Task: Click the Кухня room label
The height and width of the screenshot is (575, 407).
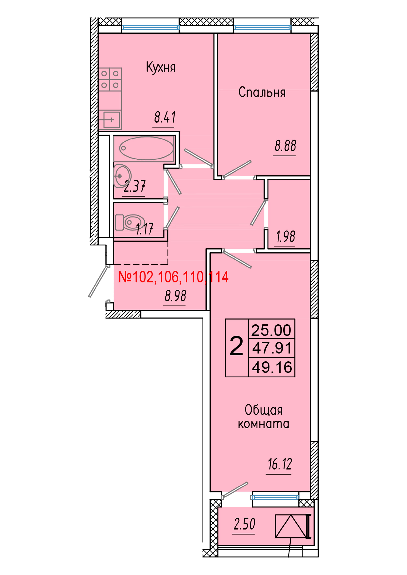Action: coord(161,67)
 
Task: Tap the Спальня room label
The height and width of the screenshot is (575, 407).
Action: coord(262,92)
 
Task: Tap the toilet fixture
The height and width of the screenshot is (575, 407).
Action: coord(130,222)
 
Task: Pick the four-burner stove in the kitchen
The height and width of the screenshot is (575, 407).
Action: coord(110,79)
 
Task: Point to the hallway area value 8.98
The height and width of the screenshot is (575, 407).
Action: coord(175,296)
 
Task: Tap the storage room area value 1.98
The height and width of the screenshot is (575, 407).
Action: coord(285,237)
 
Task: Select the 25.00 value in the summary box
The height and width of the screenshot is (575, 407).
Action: coord(271,330)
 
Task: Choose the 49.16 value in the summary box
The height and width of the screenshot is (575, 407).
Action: coord(272,367)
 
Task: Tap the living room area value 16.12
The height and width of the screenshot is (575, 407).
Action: coord(280,464)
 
